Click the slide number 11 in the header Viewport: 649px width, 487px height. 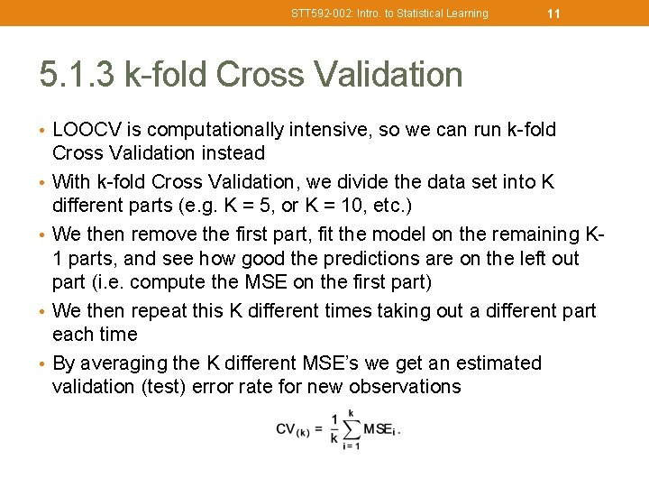pos(553,14)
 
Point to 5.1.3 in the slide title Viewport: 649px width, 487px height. pos(76,75)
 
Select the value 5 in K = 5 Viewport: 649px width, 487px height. pos(237,206)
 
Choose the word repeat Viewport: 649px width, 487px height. pos(161,311)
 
